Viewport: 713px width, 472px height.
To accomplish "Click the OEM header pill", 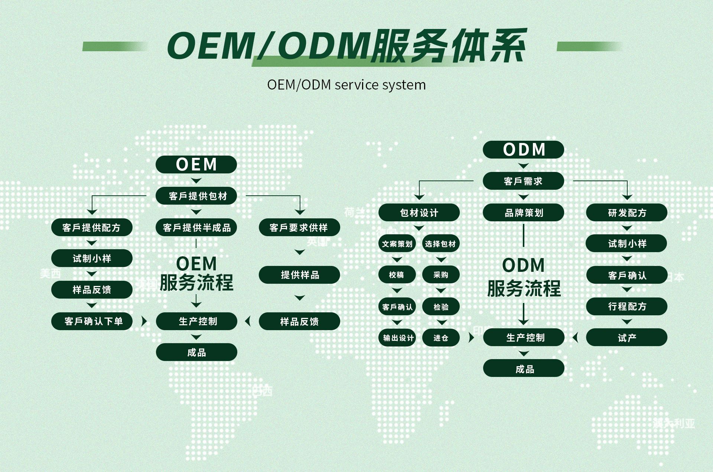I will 196,165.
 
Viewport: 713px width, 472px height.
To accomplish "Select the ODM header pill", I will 523,150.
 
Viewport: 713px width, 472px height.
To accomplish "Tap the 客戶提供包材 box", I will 196,196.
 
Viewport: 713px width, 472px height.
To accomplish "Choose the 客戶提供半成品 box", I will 196,227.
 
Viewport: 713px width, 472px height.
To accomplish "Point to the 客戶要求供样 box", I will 299,227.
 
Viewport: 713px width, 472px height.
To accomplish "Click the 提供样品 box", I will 299,275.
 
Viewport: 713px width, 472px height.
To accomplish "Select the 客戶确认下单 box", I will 92,321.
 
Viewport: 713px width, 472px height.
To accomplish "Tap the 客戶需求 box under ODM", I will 523,181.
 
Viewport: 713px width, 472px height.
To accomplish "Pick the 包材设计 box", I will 419,213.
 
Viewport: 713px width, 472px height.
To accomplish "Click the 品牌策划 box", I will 523,213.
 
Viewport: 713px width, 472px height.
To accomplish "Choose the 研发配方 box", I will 627,213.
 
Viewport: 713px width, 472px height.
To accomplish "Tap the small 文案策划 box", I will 397,244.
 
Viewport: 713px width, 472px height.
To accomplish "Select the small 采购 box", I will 441,275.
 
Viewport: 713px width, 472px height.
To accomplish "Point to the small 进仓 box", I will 441,338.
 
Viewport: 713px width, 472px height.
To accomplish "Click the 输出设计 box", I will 397,338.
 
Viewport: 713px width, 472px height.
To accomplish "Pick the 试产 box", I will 627,338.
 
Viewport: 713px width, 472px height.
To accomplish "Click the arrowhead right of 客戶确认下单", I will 144,321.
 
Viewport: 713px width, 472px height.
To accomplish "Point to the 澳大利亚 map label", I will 674,423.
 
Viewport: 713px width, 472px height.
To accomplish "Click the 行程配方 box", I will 627,306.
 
